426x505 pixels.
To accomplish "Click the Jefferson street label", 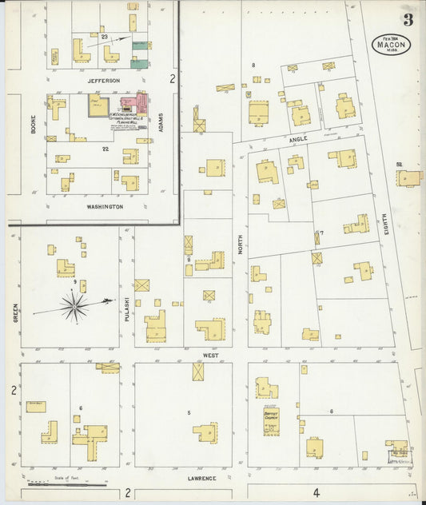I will click(x=103, y=81).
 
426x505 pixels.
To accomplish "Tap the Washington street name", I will click(x=105, y=207).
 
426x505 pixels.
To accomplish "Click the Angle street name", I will click(x=298, y=138).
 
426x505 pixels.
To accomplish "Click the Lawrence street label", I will click(x=203, y=479).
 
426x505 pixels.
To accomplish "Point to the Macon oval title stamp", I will click(x=391, y=43).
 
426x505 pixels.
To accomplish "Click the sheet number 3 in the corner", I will click(x=408, y=19).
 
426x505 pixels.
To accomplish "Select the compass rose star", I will click(x=74, y=306).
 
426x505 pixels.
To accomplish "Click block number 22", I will click(x=105, y=149).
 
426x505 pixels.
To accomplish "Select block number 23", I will click(x=105, y=37).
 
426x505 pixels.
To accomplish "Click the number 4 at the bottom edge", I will click(x=316, y=492).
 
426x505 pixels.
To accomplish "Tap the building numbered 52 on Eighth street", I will click(x=407, y=177).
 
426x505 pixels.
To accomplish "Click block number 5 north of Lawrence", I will click(x=189, y=412).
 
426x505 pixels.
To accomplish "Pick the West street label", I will click(x=209, y=355).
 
